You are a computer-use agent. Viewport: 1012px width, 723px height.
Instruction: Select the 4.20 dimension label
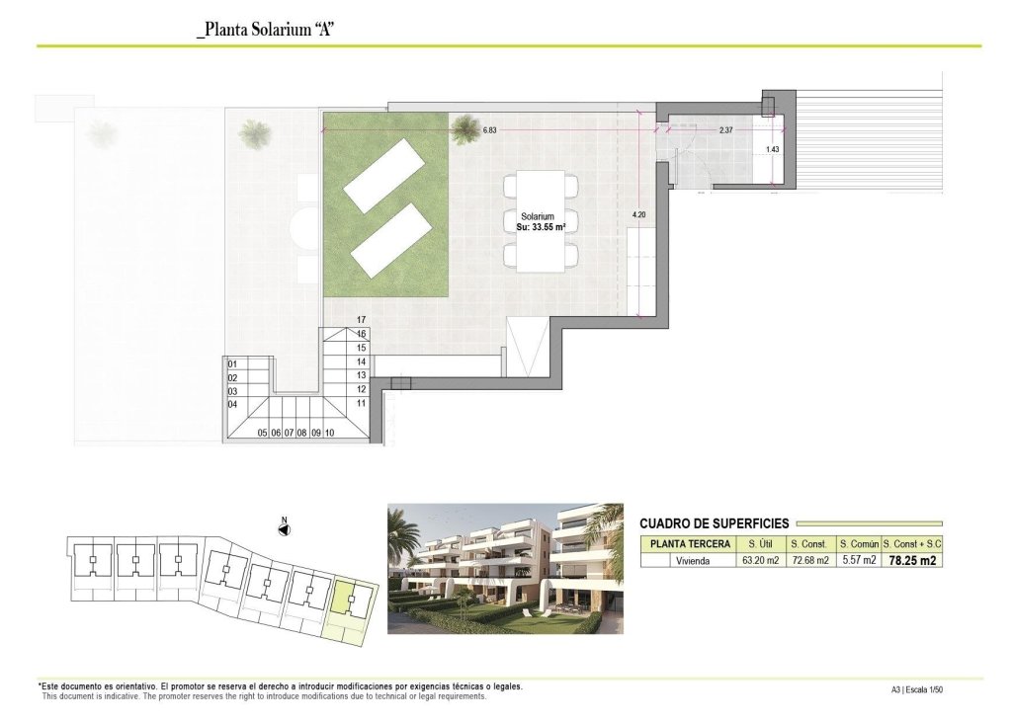click(x=638, y=213)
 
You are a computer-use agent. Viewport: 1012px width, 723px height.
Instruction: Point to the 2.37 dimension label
click(x=725, y=130)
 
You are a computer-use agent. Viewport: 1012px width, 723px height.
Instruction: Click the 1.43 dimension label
click(x=773, y=150)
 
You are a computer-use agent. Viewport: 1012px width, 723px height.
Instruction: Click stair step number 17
click(x=362, y=320)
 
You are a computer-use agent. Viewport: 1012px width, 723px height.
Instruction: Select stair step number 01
click(x=233, y=363)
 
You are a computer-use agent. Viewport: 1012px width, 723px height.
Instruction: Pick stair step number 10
click(x=329, y=433)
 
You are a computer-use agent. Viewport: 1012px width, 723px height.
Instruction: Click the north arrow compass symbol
click(x=284, y=528)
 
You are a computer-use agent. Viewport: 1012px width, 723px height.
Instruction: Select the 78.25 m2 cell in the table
click(x=911, y=561)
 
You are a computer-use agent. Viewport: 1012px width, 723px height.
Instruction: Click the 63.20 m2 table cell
click(x=760, y=561)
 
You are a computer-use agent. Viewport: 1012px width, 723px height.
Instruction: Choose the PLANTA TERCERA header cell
click(x=690, y=544)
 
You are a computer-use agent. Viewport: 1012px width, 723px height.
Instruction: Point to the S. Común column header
click(x=858, y=544)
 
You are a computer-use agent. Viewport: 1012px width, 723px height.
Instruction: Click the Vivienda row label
click(x=690, y=561)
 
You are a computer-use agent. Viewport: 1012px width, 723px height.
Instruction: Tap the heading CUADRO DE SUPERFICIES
click(x=714, y=523)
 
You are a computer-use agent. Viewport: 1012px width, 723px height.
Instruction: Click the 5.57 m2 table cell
click(x=858, y=561)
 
